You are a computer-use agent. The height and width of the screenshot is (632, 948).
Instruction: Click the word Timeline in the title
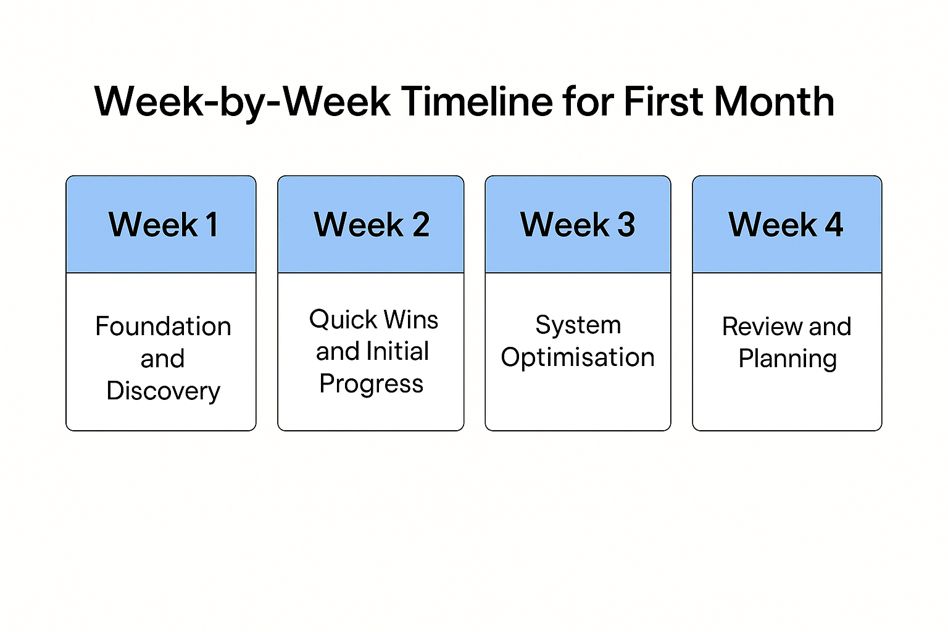tap(477, 101)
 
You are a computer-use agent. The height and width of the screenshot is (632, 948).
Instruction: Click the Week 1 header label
tap(163, 225)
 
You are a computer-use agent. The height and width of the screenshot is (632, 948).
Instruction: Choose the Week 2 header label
tap(372, 225)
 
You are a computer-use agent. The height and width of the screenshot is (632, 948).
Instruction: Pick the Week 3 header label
tap(578, 225)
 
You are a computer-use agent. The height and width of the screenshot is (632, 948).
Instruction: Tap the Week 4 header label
tap(786, 225)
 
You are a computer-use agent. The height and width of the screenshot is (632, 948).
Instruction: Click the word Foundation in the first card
tap(163, 326)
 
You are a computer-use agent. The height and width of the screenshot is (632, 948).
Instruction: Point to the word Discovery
tap(163, 391)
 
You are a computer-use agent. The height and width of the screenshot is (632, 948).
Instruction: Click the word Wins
tap(410, 320)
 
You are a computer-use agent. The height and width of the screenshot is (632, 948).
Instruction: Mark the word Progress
tap(372, 384)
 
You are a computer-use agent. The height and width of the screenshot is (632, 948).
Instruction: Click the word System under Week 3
tap(578, 325)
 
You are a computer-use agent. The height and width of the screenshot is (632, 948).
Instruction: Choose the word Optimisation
tap(578, 357)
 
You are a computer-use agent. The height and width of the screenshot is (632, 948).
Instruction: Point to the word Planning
tap(788, 359)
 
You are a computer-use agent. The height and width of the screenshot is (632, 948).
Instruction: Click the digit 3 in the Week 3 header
tap(626, 225)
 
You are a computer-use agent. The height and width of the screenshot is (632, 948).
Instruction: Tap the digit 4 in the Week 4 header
tap(834, 225)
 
